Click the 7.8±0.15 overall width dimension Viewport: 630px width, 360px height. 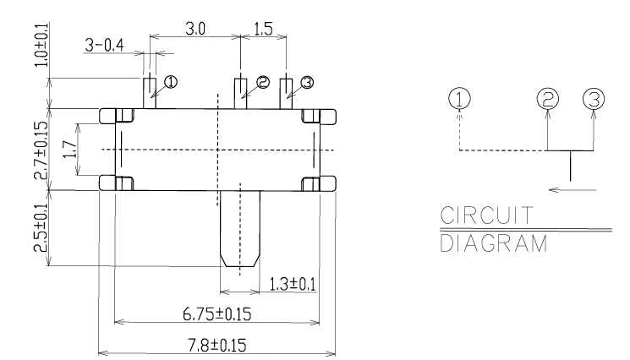tap(217, 345)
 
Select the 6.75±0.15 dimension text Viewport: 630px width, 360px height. tap(217, 314)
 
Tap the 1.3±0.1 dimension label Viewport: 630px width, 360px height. tap(289, 283)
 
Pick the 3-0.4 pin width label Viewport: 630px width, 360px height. tap(104, 45)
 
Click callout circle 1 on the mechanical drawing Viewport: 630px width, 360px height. tap(171, 82)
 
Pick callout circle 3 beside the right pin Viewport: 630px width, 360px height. tap(306, 82)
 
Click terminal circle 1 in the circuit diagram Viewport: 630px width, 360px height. tap(458, 99)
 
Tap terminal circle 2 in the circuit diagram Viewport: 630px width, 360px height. tap(548, 99)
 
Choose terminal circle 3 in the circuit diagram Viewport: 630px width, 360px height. tap(594, 99)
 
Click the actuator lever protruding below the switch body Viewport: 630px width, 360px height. tap(239, 228)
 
